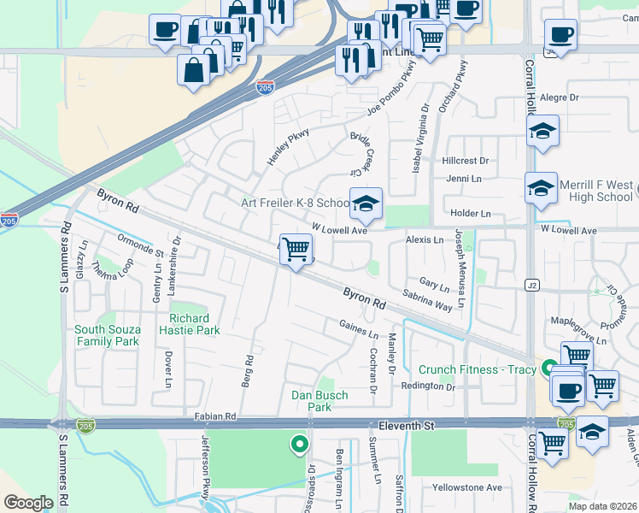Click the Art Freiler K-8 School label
click(x=294, y=203)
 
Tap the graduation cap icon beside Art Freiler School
click(x=366, y=204)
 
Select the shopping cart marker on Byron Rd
click(x=296, y=250)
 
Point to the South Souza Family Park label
click(x=107, y=335)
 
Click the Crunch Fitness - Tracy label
click(x=477, y=370)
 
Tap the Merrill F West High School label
click(x=596, y=191)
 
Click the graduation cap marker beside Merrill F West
click(x=541, y=189)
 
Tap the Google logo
click(x=28, y=503)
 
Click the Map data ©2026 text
click(x=602, y=506)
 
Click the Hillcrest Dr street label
click(x=466, y=161)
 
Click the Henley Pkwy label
click(x=287, y=146)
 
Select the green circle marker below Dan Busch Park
click(x=299, y=444)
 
